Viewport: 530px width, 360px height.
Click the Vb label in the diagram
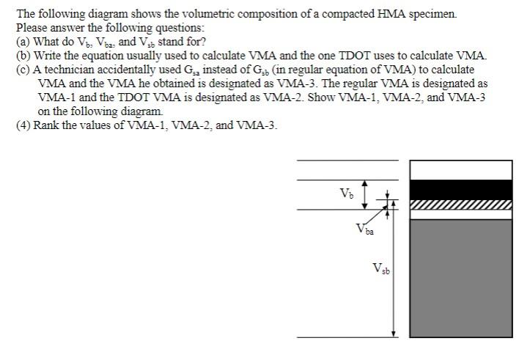pyautogui.click(x=345, y=194)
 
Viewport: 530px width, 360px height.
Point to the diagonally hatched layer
pyautogui.click(x=460, y=205)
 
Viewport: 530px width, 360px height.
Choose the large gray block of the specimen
pyautogui.click(x=460, y=277)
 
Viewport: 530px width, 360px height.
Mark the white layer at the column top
pyautogui.click(x=460, y=170)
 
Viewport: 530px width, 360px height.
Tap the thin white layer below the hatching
pyautogui.click(x=460, y=215)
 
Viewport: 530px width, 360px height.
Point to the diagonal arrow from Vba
pyautogui.click(x=379, y=216)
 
